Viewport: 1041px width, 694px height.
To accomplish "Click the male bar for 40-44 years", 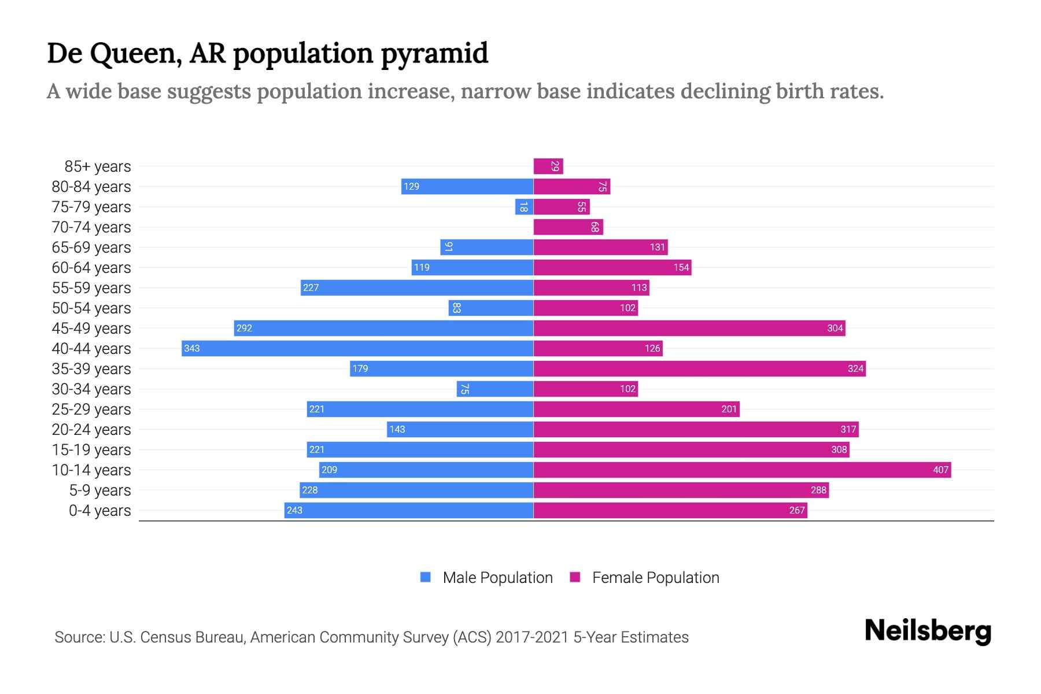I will [357, 348].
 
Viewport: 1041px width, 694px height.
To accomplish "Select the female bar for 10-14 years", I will [742, 470].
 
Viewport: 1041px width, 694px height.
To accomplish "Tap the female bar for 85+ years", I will [548, 166].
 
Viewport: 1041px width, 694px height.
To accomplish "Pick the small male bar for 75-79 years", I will [524, 206].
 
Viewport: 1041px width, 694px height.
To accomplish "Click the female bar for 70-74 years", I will [568, 227].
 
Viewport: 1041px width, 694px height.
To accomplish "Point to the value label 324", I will [855, 368].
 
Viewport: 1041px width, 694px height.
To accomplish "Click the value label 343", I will [192, 348].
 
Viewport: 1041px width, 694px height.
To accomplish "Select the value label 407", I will [940, 470].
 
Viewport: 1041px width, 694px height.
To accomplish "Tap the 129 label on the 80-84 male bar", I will [411, 186].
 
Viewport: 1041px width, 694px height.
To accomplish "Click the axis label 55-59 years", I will [91, 287].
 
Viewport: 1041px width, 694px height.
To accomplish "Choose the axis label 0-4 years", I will [99, 510].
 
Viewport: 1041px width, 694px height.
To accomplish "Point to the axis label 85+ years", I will [97, 166].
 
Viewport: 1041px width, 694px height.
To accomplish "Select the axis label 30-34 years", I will [91, 389].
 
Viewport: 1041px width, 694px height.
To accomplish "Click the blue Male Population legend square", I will [426, 577].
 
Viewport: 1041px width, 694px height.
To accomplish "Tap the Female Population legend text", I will [655, 577].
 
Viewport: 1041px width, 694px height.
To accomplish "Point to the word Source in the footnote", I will [79, 637].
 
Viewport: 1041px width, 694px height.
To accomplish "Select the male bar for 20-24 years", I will [460, 429].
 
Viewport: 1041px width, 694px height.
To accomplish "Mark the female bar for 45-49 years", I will [689, 328].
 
